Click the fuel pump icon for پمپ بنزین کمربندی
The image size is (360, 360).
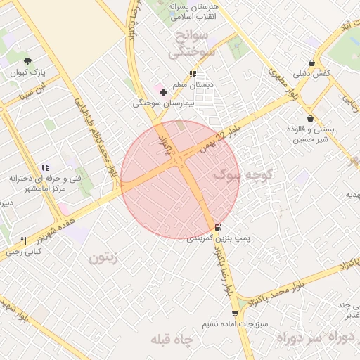point(217,228)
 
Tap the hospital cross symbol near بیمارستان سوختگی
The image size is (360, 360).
point(164,92)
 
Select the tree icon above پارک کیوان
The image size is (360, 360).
point(27,62)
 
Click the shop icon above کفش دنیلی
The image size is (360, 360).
point(311,63)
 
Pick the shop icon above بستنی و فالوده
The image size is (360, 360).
point(310,118)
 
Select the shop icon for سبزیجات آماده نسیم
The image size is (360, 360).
point(235,314)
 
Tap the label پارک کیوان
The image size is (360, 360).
point(28,72)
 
